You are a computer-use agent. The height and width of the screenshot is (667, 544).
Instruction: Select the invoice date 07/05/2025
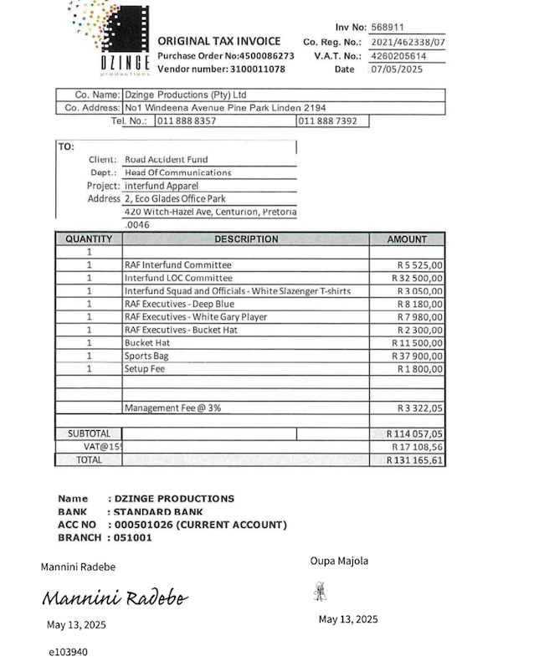(397, 69)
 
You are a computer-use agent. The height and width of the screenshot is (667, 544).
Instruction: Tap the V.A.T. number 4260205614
(398, 56)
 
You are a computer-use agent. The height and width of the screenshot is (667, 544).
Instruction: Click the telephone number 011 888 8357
(187, 121)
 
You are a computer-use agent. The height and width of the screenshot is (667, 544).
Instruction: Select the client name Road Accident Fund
(167, 159)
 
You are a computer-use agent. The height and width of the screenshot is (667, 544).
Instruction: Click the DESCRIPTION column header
(246, 239)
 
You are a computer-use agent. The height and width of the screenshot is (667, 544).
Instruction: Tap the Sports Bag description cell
(146, 356)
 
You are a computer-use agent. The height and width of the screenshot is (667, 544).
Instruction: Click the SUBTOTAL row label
(89, 434)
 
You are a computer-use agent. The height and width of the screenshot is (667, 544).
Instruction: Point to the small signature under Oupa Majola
(321, 592)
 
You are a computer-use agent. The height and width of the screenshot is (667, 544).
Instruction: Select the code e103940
(68, 652)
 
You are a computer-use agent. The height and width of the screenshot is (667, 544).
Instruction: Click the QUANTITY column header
(89, 239)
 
